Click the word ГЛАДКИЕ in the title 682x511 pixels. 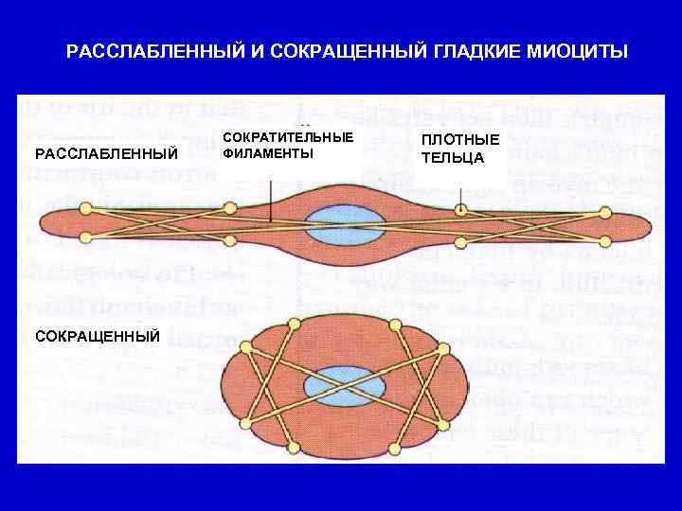click(484, 50)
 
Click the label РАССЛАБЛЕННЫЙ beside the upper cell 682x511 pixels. click(107, 153)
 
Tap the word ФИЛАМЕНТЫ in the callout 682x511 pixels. click(268, 153)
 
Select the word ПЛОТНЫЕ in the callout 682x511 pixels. click(460, 140)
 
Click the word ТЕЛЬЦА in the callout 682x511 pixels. click(453, 157)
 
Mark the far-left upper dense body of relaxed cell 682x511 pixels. click(86, 207)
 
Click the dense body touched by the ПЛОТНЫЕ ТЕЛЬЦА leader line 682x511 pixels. click(460, 210)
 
